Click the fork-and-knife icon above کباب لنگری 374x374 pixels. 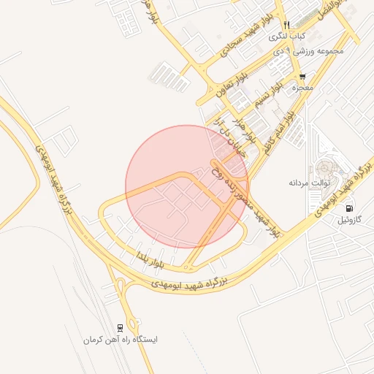coord(286,25)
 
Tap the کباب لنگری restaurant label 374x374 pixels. coord(287,36)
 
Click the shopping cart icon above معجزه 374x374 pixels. coord(302,77)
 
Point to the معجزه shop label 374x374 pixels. coord(302,88)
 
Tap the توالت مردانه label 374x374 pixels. coord(310,182)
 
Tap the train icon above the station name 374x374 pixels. coord(120,328)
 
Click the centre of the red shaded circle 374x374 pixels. coord(187,187)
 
